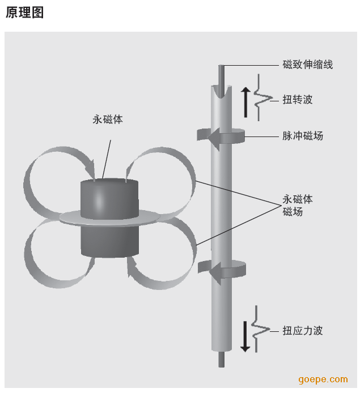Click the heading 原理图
tap(24, 12)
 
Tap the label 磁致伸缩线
tap(307, 65)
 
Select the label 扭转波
tap(298, 100)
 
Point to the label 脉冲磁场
tap(303, 136)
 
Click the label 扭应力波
tap(302, 331)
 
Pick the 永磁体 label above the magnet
tap(108, 119)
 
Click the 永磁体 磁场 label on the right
tap(298, 206)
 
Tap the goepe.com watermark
tap(323, 379)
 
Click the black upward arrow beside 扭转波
tap(245, 103)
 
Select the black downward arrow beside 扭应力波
tap(245, 336)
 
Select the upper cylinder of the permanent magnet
tap(109, 199)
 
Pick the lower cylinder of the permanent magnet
tap(110, 241)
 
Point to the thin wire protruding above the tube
tap(221, 80)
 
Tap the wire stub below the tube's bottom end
tap(222, 359)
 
